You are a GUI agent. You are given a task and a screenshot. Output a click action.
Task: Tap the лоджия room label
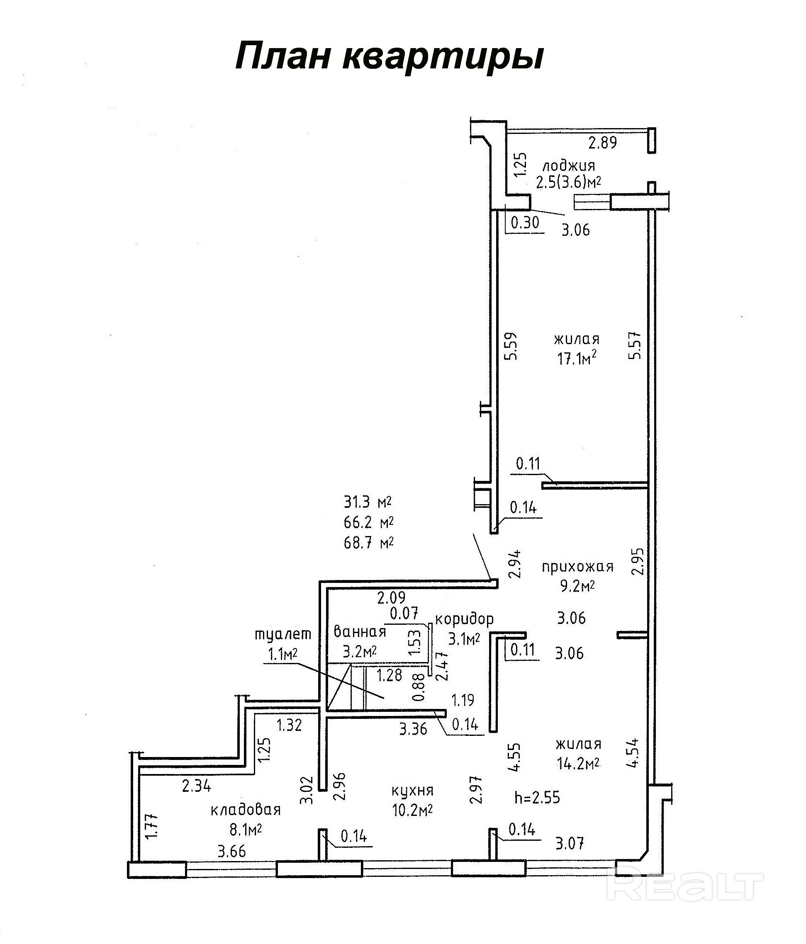pos(568,165)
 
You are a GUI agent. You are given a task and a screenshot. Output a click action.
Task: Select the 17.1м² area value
pos(577,359)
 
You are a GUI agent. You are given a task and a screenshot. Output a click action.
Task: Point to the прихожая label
pos(577,567)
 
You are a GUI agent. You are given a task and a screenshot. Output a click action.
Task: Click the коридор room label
pos(465,619)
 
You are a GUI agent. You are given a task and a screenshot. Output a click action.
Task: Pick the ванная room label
pos(360,631)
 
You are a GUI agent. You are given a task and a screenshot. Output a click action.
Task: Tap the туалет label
pos(283,635)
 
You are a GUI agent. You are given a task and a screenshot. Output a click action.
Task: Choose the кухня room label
pos(413,791)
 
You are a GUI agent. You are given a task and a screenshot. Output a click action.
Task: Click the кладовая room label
pos(246,810)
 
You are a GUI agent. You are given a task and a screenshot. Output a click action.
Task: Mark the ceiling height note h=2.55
pos(537,798)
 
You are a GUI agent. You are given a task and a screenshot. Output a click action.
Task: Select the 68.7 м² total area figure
pos(369,542)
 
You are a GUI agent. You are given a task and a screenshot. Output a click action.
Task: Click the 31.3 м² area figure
pos(368,502)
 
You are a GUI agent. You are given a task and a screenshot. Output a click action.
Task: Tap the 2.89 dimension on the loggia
pos(603,143)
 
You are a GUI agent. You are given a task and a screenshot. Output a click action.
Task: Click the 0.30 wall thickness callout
pos(525,222)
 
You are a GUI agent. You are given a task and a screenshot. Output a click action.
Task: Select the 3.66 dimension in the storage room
pos(231,851)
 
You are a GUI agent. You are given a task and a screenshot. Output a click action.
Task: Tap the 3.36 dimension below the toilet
pos(413,729)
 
